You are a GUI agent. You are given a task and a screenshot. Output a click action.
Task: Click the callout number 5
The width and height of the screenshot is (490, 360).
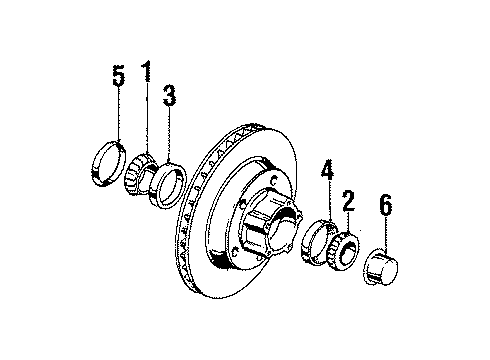point(119,77)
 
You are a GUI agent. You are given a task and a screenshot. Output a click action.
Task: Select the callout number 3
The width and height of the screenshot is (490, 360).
point(169,96)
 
